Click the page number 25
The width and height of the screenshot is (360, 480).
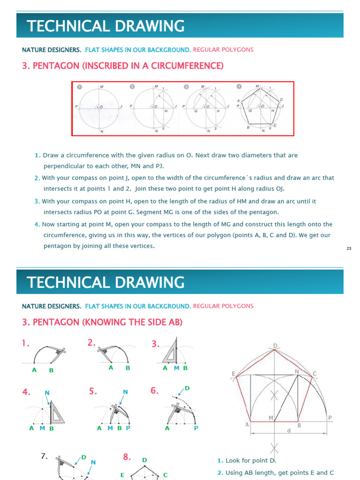point(349,248)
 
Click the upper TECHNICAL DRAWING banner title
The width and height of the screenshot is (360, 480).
point(105,26)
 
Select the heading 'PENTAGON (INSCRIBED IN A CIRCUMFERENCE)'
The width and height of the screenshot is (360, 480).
point(123,66)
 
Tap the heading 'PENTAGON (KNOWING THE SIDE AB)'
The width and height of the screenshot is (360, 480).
point(102,322)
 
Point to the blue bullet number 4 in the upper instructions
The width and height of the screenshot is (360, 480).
point(37,225)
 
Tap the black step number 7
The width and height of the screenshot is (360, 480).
point(45,456)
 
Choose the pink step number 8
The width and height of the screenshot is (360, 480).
point(127,457)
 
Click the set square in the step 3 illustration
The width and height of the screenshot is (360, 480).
point(171,351)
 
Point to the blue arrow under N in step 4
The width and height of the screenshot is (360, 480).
point(49,400)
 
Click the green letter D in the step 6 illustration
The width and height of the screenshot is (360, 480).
point(187,388)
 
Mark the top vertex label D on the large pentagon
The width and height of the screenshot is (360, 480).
point(275,346)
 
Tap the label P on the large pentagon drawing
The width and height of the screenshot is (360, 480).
point(330,418)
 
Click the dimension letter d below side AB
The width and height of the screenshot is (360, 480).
point(289,430)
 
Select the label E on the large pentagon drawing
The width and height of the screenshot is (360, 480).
point(233,373)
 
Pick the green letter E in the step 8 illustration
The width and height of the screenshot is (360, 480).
point(122,475)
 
